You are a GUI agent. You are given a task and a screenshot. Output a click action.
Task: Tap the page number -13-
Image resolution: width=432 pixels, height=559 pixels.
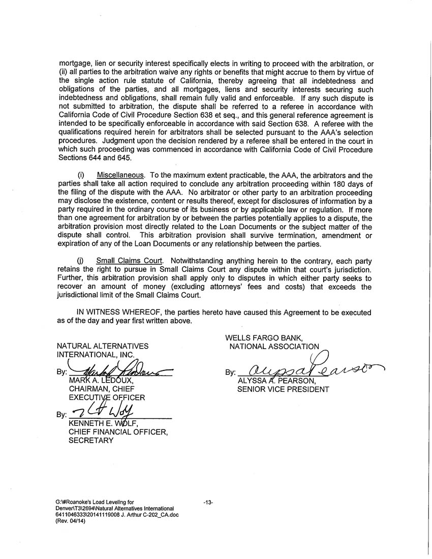pyautogui.click(x=207, y=503)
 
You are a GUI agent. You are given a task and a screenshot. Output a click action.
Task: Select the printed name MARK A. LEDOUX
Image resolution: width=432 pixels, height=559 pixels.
pyautogui.click(x=101, y=381)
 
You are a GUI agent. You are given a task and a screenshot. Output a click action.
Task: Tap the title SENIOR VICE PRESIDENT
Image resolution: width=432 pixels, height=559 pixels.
pyautogui.click(x=283, y=389)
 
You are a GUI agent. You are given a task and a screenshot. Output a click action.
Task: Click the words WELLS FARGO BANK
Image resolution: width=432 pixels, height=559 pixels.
pyautogui.click(x=264, y=337)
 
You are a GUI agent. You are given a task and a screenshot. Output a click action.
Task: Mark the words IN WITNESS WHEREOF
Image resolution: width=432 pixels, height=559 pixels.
pyautogui.click(x=119, y=313)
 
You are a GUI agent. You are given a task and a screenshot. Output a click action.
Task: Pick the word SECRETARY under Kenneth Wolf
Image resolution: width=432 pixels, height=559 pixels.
pyautogui.click(x=91, y=441)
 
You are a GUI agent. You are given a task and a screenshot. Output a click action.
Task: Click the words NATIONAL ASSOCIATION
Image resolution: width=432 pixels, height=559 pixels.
pyautogui.click(x=274, y=347)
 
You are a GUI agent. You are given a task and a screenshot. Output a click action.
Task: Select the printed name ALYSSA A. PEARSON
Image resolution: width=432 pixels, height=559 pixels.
pyautogui.click(x=276, y=381)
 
